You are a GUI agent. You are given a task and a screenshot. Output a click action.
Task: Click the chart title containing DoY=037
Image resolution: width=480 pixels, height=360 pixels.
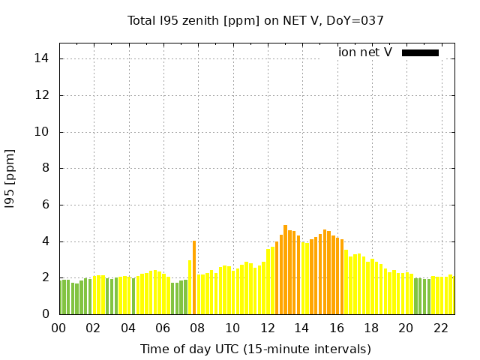point(256,20)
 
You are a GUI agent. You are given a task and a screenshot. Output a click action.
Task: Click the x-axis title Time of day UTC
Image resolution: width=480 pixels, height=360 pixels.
point(255,349)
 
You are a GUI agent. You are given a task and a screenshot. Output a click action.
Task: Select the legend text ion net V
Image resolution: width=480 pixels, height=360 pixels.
point(364,52)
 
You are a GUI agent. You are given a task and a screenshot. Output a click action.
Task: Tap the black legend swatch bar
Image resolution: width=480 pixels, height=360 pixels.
point(420,52)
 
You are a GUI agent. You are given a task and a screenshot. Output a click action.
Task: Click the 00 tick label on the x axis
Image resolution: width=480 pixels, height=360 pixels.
point(58,328)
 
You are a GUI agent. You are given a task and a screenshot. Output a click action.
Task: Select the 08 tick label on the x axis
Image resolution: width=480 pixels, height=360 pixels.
point(197,328)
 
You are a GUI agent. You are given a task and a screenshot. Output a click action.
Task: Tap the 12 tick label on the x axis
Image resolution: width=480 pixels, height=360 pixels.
point(267,328)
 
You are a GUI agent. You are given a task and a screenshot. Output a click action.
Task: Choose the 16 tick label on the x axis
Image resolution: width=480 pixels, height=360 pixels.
point(336,328)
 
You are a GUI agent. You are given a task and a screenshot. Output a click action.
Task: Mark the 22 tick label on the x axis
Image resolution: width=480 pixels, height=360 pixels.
point(440,328)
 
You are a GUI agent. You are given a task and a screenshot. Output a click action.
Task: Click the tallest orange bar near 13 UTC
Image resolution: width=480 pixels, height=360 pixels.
point(286,270)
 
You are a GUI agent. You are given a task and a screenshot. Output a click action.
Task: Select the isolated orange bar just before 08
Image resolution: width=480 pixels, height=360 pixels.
point(194,277)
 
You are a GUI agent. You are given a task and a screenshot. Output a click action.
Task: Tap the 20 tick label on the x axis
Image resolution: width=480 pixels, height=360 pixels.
point(406,328)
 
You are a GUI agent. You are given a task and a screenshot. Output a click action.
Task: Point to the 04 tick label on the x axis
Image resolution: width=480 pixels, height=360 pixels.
point(128,328)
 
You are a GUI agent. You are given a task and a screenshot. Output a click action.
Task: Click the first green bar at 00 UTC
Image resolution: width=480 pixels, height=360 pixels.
point(61,297)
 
